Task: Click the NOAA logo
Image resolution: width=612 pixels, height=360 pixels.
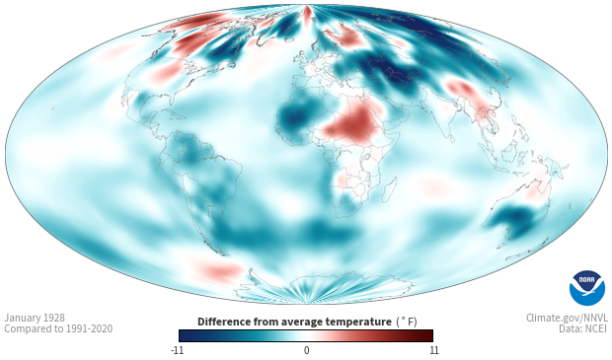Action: (x=587, y=287)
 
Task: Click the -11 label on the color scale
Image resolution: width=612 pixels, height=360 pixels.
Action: (x=177, y=350)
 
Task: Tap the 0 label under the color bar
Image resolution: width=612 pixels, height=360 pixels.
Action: (x=306, y=350)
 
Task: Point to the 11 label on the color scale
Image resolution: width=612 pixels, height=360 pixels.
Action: (x=433, y=350)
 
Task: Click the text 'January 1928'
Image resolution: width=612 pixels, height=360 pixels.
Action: (x=35, y=318)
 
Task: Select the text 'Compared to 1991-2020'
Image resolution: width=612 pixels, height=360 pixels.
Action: (x=58, y=328)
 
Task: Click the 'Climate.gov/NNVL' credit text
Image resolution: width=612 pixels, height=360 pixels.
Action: (x=567, y=318)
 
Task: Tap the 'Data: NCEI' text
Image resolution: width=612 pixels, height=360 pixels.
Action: (x=583, y=328)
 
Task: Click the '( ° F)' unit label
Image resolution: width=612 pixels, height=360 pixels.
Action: (x=407, y=323)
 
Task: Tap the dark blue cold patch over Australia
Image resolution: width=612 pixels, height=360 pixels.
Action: (x=515, y=219)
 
